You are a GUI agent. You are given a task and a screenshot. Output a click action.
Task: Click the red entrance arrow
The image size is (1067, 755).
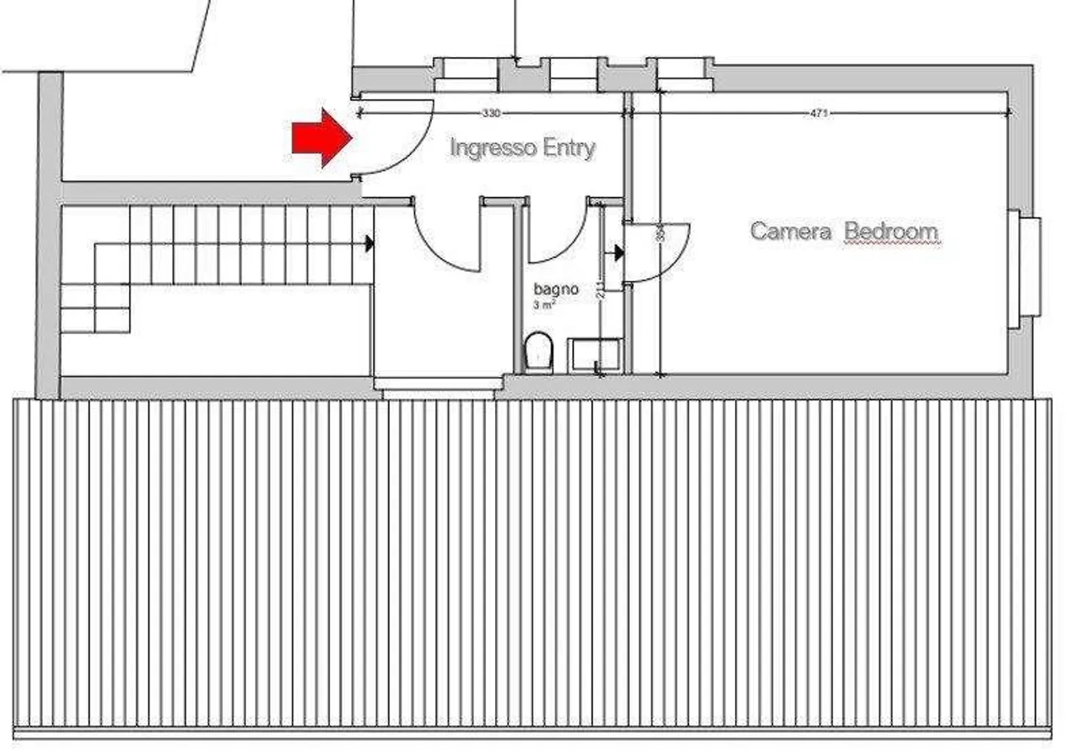point(320,137)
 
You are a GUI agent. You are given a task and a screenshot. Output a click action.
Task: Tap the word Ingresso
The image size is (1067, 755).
point(492,147)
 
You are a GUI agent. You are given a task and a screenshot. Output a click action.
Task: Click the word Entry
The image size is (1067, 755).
point(569,147)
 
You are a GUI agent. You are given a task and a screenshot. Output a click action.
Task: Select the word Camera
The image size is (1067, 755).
point(790,231)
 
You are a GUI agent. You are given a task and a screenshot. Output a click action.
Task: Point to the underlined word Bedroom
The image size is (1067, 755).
point(891,231)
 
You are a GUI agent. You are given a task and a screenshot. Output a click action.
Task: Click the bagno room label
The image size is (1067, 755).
point(556,289)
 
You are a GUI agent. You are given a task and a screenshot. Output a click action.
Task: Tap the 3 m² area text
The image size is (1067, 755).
point(545,305)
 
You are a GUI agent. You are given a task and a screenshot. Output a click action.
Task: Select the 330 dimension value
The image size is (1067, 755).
point(491,113)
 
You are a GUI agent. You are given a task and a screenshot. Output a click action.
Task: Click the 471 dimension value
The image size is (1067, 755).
point(818,113)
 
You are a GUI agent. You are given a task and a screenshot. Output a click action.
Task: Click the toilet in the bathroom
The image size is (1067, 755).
point(538,351)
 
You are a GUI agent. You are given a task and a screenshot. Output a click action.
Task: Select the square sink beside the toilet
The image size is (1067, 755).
point(594,355)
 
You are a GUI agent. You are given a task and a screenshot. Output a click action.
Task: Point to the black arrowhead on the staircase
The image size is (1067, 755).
point(369,242)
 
